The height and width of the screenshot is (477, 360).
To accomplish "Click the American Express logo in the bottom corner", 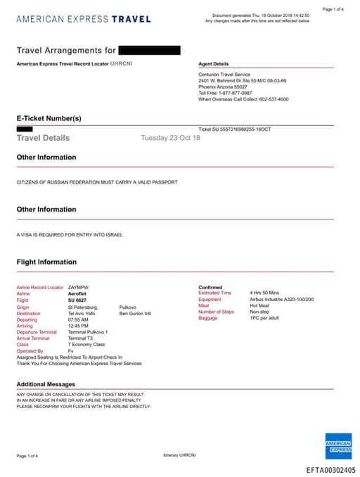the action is (x=338, y=445).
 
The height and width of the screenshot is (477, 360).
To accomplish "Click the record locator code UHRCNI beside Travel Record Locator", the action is (x=122, y=64).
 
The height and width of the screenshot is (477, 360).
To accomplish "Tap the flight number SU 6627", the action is (x=77, y=300).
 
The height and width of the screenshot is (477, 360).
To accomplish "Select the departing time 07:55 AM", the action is (x=78, y=319).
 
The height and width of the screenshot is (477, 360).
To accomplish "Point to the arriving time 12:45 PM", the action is (x=78, y=326).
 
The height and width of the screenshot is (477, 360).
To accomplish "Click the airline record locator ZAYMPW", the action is (x=79, y=288).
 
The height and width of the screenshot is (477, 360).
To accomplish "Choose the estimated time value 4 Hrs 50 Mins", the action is (x=264, y=293).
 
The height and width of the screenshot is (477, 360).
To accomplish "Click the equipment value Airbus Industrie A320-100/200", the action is (x=281, y=299).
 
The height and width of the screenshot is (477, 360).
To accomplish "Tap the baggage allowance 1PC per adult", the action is (x=264, y=318).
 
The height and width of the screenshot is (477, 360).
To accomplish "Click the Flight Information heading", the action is (x=46, y=262).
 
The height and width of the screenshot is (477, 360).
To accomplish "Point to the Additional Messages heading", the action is (x=46, y=384).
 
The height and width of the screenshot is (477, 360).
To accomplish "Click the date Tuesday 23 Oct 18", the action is (x=170, y=138).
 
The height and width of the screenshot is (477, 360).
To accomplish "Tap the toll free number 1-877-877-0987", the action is (x=235, y=93).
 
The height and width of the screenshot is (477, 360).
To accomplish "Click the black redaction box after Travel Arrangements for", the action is (x=149, y=50).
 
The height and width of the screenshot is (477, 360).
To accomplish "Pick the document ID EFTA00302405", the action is (x=330, y=470).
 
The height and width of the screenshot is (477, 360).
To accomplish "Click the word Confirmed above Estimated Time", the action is (x=210, y=288).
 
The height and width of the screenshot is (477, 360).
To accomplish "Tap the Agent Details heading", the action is (x=214, y=64).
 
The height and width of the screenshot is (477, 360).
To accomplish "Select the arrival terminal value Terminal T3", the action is (x=80, y=338).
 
